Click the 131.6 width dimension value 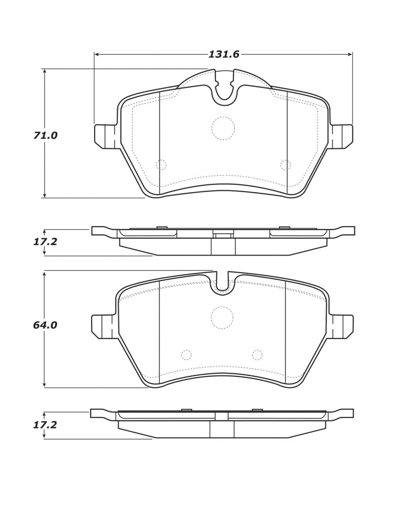coord(224,54)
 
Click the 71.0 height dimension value coord(46,136)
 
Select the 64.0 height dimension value coord(45,325)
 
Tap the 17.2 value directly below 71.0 coord(45,242)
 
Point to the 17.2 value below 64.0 coord(45,425)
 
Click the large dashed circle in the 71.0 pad coord(223,128)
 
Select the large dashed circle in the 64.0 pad coord(222,318)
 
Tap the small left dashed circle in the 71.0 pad coord(161,164)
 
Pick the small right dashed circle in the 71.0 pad coord(286,164)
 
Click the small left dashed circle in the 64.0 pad coord(186,355)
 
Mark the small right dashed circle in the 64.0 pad coord(257,355)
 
